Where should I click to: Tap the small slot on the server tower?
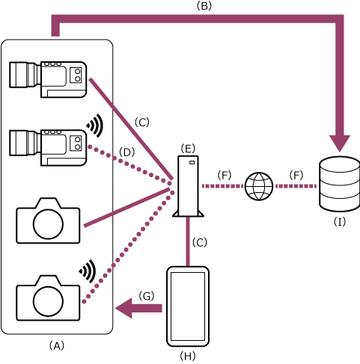click(x=192, y=162)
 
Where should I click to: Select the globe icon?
click(x=259, y=186)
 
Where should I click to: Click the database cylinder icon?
click(x=340, y=184)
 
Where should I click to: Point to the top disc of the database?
click(x=340, y=165)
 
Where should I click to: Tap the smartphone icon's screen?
click(x=187, y=306)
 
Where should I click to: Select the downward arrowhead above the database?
click(x=340, y=142)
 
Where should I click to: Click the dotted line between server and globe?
click(x=222, y=186)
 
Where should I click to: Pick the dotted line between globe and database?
click(x=296, y=186)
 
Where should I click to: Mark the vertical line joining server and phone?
click(x=188, y=241)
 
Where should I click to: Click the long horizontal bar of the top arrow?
click(x=195, y=19)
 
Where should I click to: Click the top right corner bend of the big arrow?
click(x=339, y=19)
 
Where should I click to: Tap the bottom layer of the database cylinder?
click(x=340, y=203)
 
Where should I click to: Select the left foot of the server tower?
click(x=177, y=214)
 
